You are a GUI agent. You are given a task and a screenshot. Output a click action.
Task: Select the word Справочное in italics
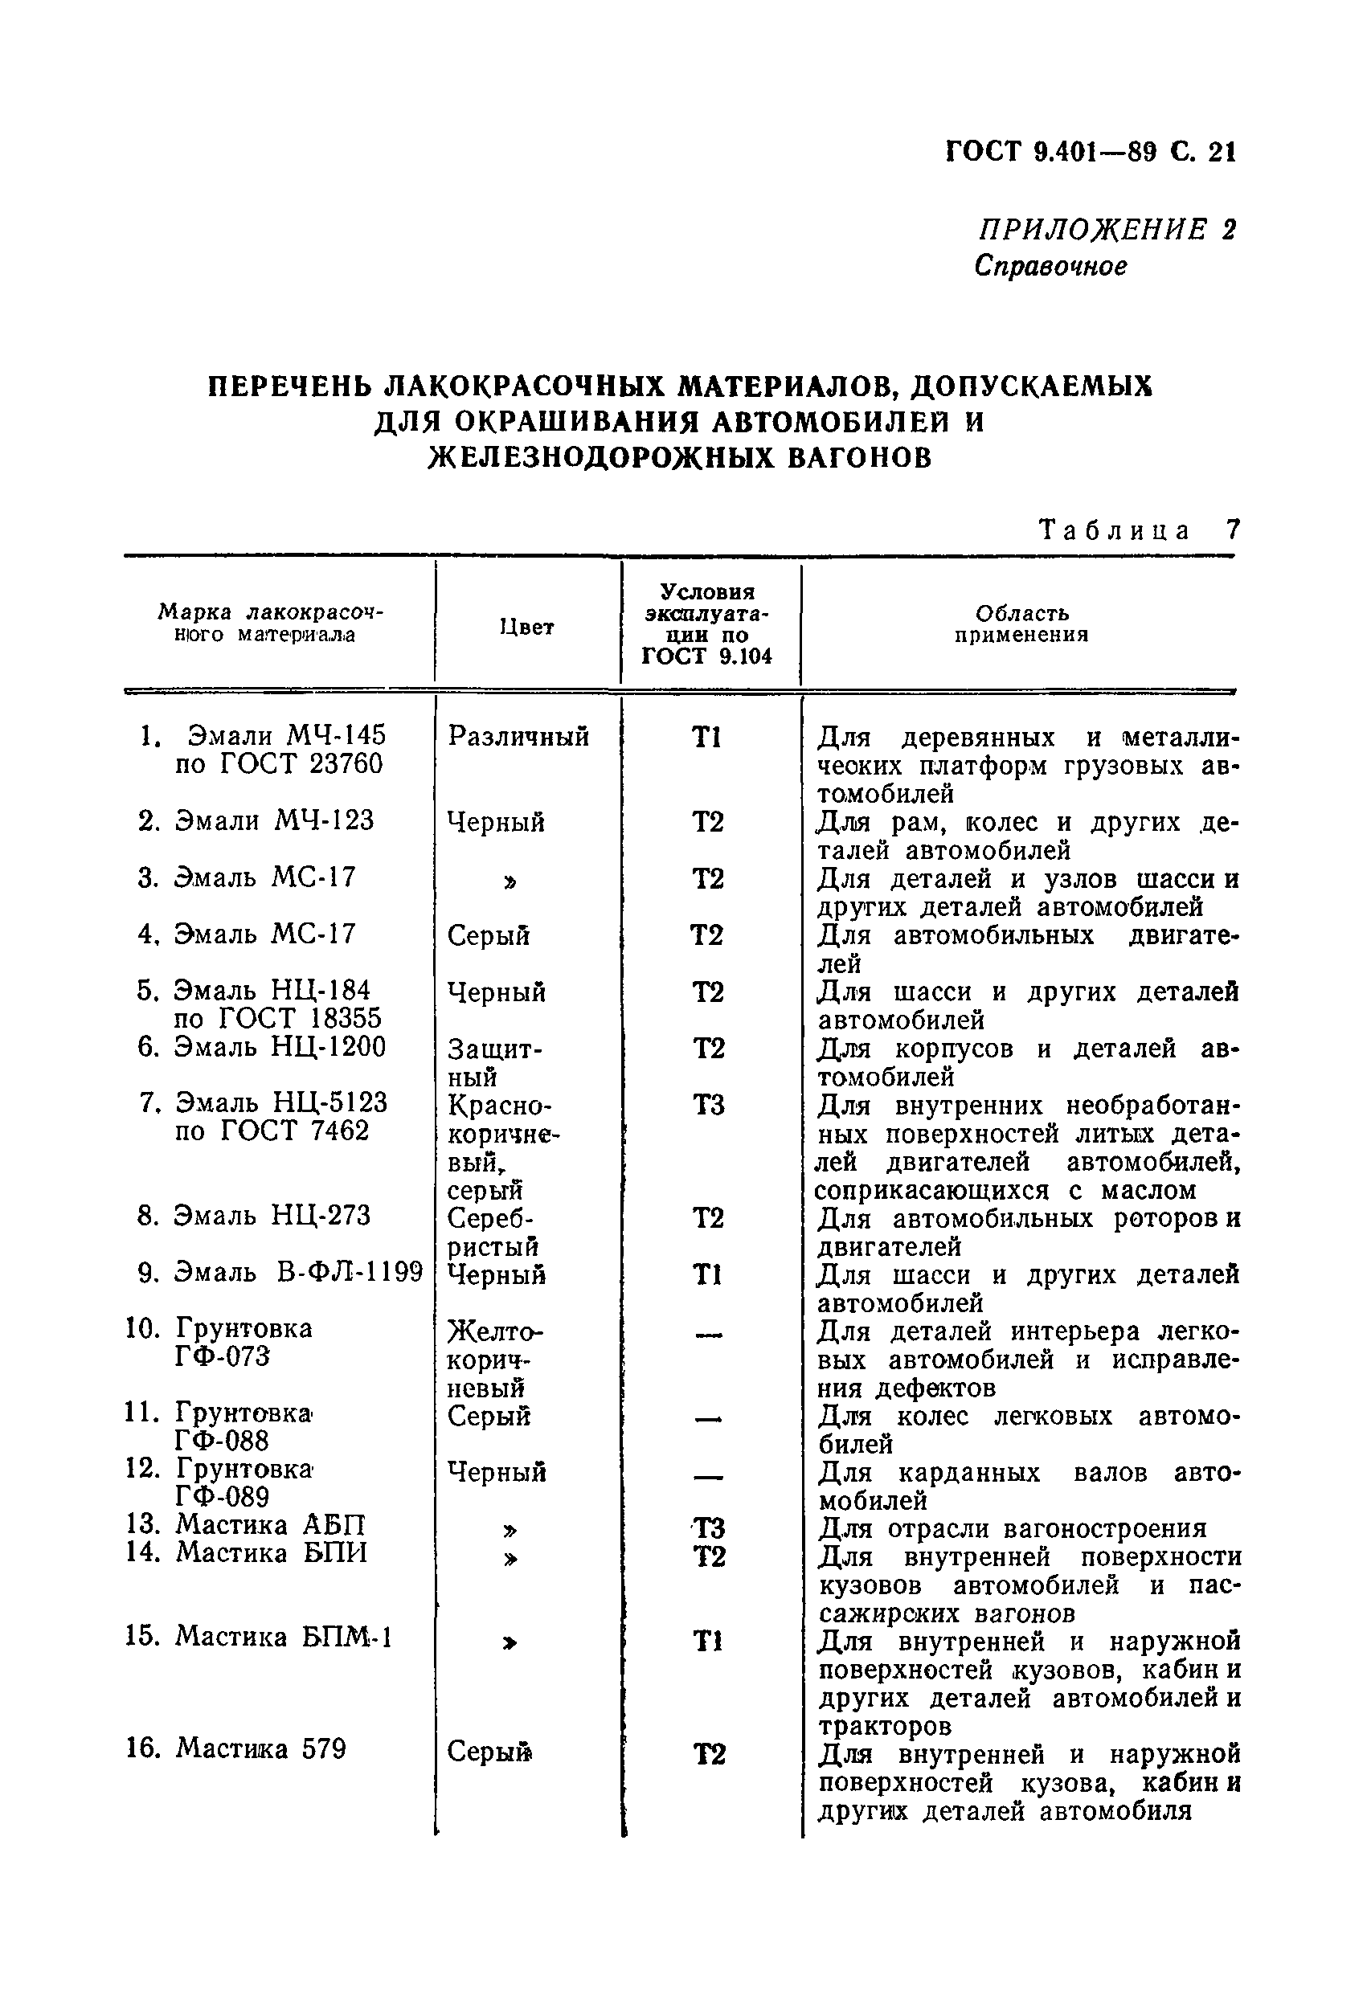[x=1050, y=265]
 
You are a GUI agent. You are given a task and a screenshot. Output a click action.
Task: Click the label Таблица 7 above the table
[x=1139, y=530]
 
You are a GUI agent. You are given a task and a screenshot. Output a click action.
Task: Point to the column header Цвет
[x=526, y=627]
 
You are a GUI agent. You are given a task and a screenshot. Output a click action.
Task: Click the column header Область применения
[x=1021, y=624]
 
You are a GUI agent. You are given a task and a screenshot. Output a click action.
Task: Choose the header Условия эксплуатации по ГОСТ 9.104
[x=707, y=624]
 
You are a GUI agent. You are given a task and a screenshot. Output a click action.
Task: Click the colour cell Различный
[x=518, y=736]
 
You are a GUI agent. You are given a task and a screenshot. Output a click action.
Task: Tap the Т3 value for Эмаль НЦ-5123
[x=708, y=1106]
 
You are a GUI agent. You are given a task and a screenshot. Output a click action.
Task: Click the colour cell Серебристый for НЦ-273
[x=492, y=1232]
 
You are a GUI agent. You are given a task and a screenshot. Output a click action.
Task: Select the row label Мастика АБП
[x=270, y=1523]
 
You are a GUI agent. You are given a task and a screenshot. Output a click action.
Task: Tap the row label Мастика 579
[x=260, y=1748]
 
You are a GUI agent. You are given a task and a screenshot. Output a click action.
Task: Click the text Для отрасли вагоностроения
[x=1012, y=1528]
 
